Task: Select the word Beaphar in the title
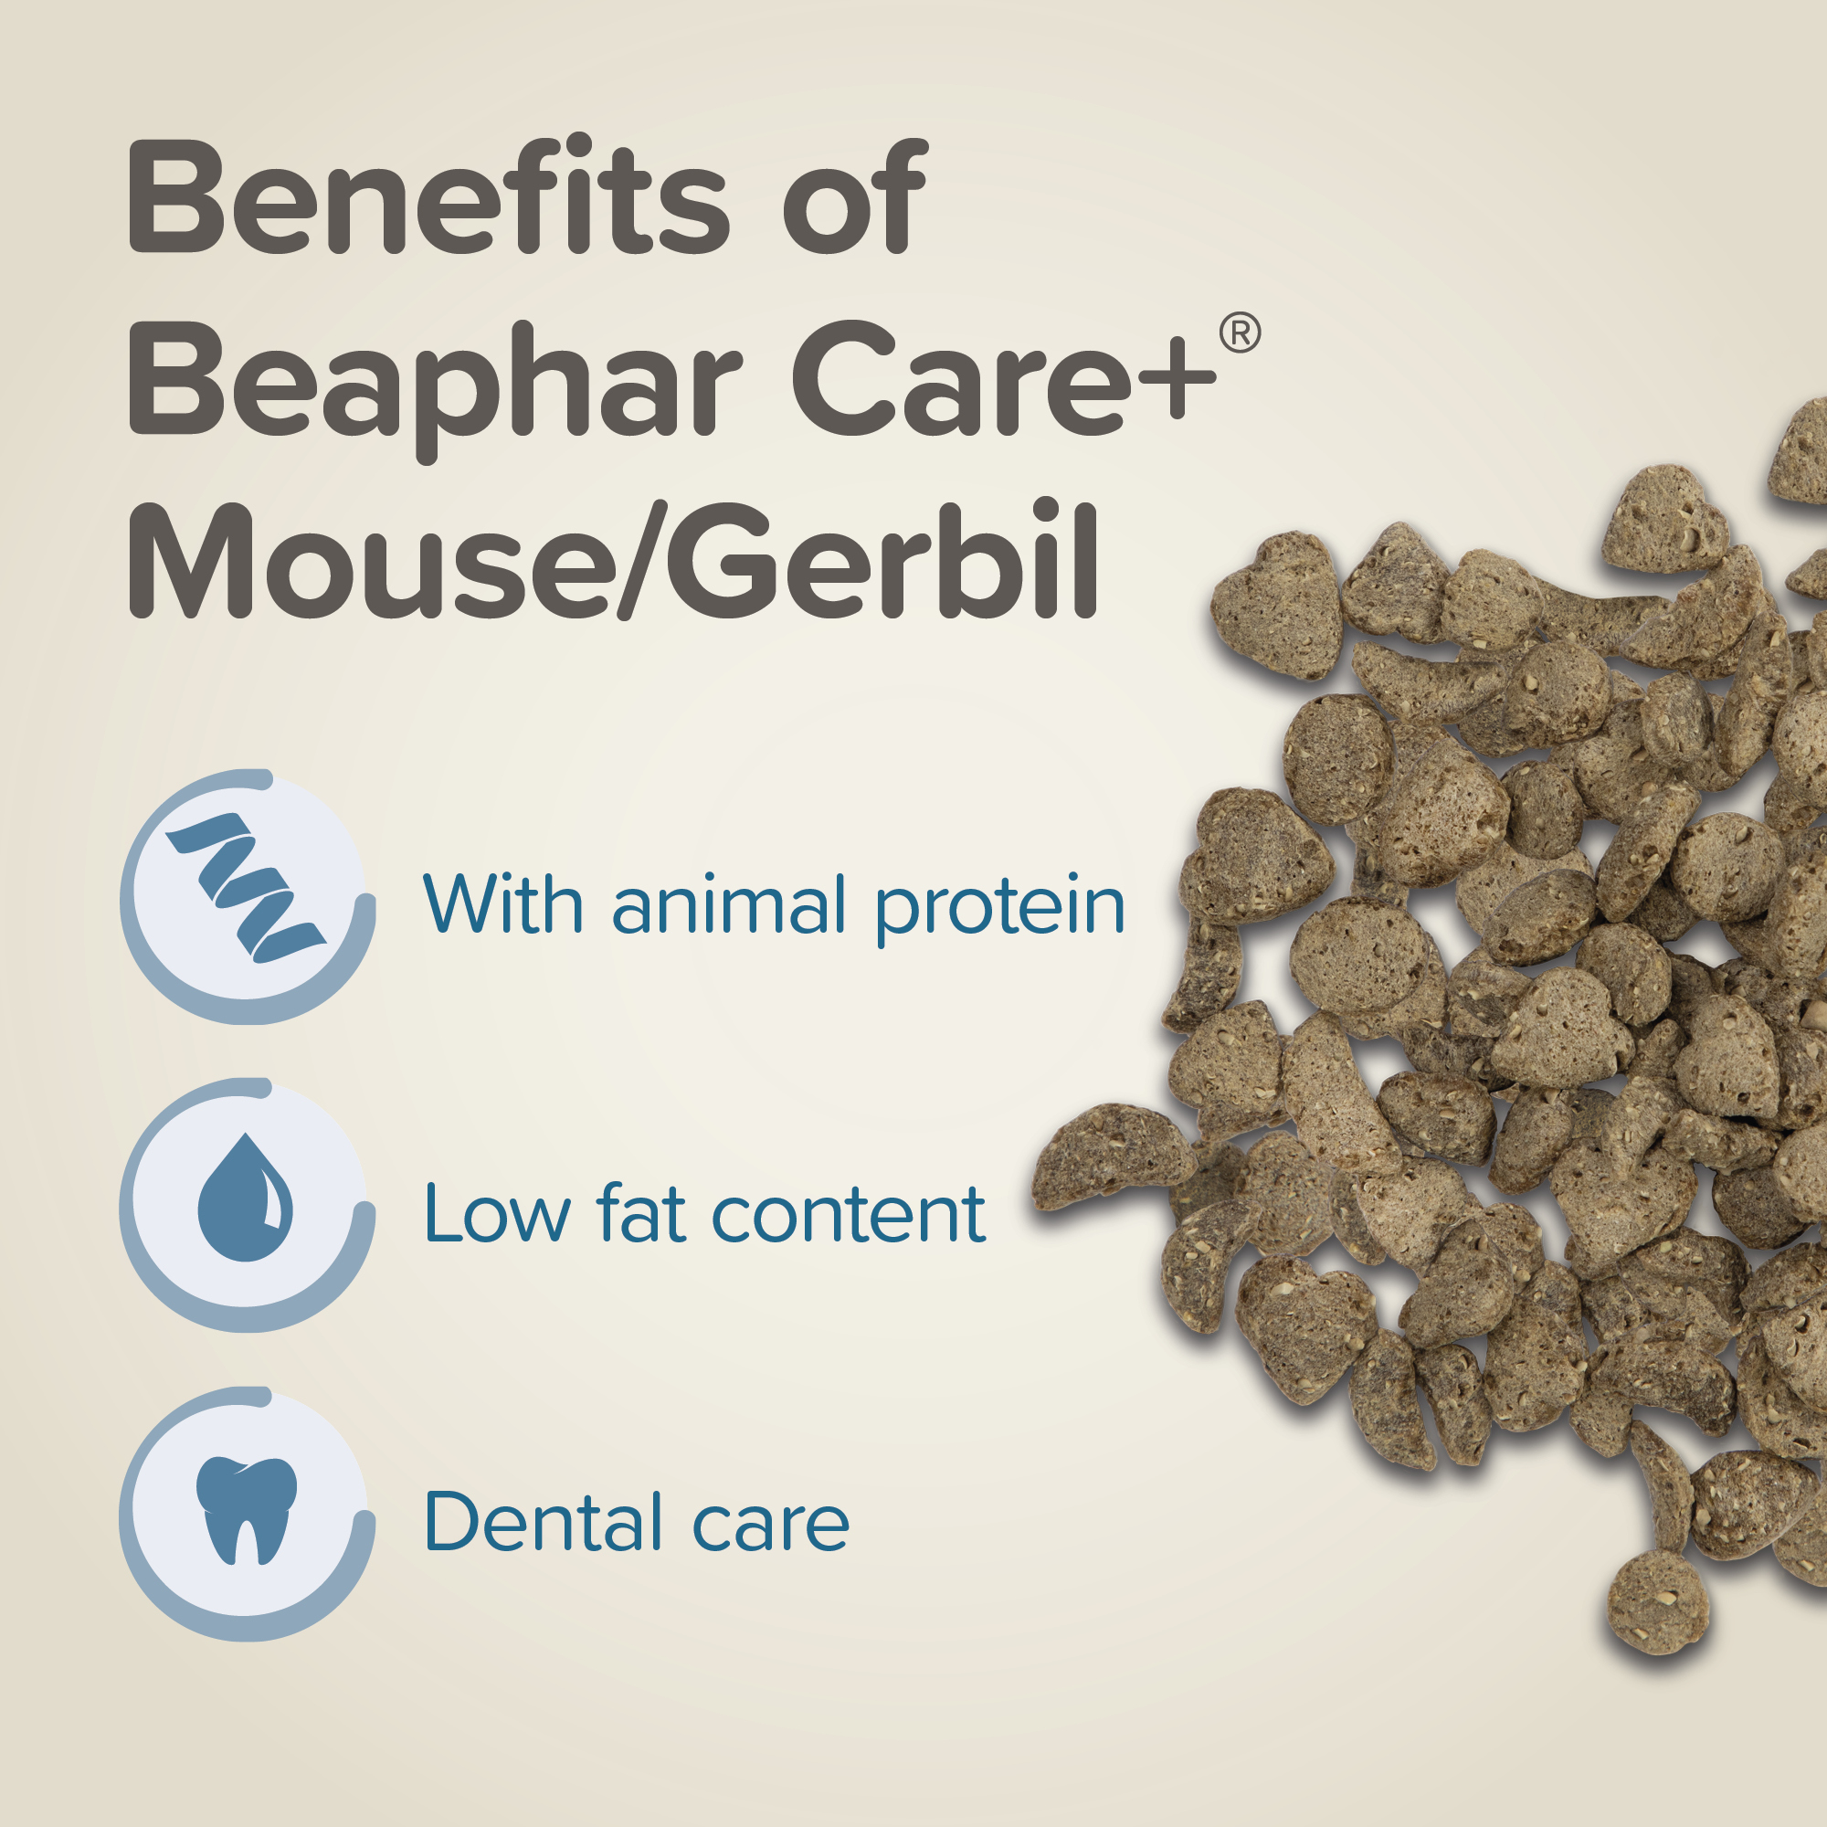pos(436,388)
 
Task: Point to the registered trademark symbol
pos(1240,333)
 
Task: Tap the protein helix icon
pos(247,887)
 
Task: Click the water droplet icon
pos(245,1197)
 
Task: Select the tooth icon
pos(246,1510)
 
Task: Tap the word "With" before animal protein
pos(503,904)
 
